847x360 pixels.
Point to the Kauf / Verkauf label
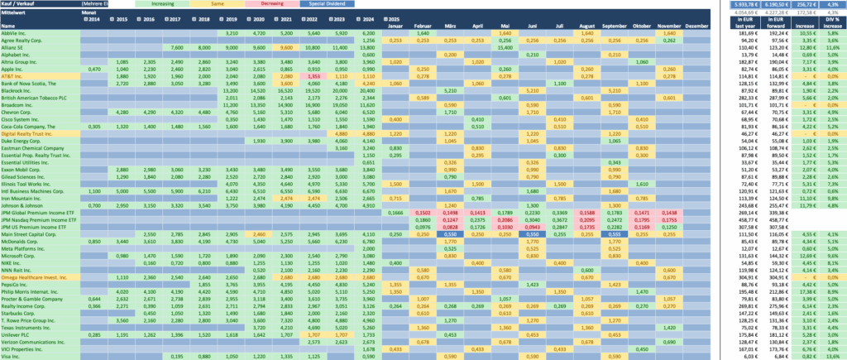click(x=18, y=4)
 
